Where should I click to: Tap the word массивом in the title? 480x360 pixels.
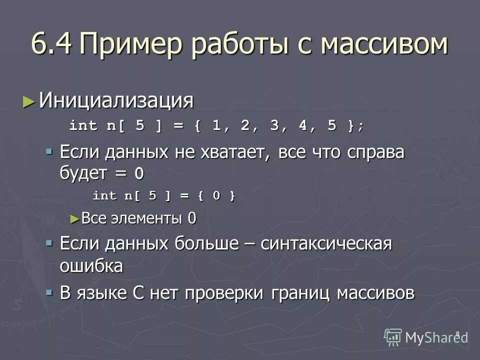(x=383, y=44)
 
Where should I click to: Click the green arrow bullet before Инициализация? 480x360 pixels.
(x=29, y=101)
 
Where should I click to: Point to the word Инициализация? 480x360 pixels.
(x=116, y=101)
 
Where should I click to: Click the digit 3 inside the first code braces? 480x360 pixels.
(x=274, y=125)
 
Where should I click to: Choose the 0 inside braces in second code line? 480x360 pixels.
(x=216, y=195)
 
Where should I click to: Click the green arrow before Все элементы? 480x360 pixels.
(x=75, y=218)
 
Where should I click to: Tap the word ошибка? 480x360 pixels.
(x=91, y=265)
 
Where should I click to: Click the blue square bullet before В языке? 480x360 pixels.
(x=49, y=292)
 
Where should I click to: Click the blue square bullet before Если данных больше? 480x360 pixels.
(x=49, y=243)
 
